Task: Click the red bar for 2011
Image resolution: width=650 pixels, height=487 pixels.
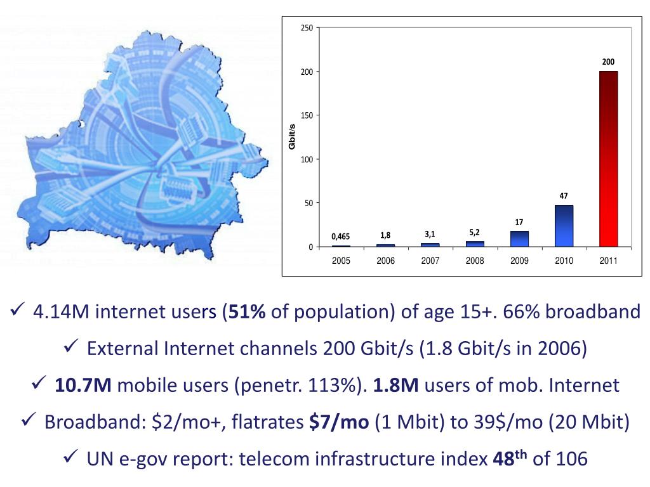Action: pos(608,159)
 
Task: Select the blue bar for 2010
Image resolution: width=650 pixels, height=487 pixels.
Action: pos(564,226)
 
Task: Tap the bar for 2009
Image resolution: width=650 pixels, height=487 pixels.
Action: pos(519,238)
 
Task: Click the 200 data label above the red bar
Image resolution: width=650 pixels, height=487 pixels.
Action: pos(608,62)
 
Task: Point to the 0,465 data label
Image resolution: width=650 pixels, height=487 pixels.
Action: pos(341,237)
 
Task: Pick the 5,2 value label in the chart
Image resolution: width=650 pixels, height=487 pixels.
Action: pos(474,233)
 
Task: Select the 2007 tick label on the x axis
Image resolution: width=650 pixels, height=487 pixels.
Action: pos(430,261)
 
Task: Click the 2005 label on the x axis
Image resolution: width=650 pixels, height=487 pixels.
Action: pos(341,261)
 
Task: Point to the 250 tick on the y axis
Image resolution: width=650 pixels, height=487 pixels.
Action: pos(307,28)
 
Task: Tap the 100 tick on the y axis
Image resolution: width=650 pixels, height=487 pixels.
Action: pos(307,159)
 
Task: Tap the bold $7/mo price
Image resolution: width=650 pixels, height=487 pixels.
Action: pos(339,422)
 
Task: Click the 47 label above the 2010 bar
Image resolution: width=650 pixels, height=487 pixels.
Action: pos(564,195)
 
